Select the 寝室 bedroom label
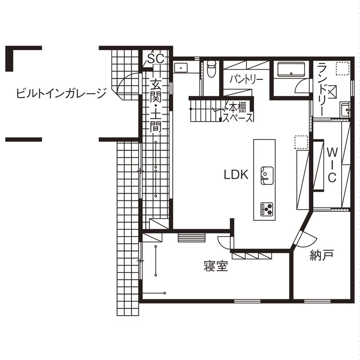point(215,267)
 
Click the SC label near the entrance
point(156,59)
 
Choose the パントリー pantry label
point(246,79)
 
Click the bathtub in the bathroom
point(291,69)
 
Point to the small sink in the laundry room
point(345,108)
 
